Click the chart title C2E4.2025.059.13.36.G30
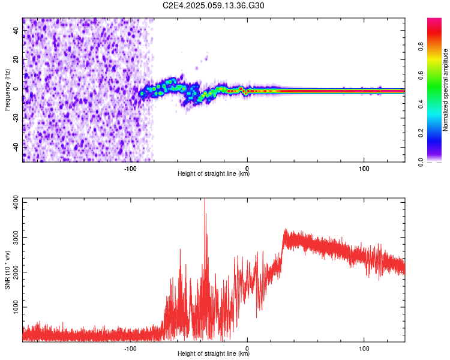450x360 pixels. tap(214, 5)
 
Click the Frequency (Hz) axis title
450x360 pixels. tap(7, 89)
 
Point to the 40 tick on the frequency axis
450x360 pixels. tap(17, 31)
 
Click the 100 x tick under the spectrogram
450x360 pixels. tap(364, 169)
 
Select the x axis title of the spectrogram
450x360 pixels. tap(214, 174)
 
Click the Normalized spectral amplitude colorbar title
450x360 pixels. tap(446, 90)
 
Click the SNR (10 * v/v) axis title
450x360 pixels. tap(7, 270)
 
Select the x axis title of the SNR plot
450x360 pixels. tap(214, 354)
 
